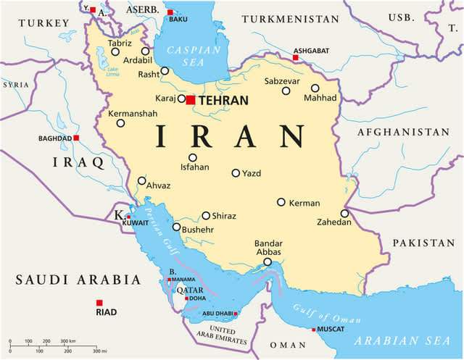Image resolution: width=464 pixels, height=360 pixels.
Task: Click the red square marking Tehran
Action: pos(190,100)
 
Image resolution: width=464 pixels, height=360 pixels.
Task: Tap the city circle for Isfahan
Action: pos(193,157)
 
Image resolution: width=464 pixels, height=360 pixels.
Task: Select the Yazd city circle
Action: pos(236,173)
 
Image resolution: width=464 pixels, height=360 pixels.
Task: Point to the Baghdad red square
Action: pos(76,138)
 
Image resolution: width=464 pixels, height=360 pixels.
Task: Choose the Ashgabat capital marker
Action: pos(296,57)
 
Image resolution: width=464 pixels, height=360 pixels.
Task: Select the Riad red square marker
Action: pos(99,303)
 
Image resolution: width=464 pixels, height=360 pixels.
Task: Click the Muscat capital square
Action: pos(314,330)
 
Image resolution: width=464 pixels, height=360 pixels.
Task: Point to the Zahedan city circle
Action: pos(344,213)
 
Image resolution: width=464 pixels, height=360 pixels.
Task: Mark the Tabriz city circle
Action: pos(115,51)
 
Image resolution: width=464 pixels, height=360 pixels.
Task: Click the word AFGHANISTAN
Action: pos(402,133)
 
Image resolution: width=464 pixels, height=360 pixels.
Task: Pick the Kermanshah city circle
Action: pos(121,123)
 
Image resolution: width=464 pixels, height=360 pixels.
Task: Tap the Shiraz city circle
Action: pos(206,215)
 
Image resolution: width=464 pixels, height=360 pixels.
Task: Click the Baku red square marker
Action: pos(170,12)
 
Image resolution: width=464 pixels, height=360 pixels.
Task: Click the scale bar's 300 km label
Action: pos(68,340)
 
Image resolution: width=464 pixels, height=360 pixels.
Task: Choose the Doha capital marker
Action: pos(187,298)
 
